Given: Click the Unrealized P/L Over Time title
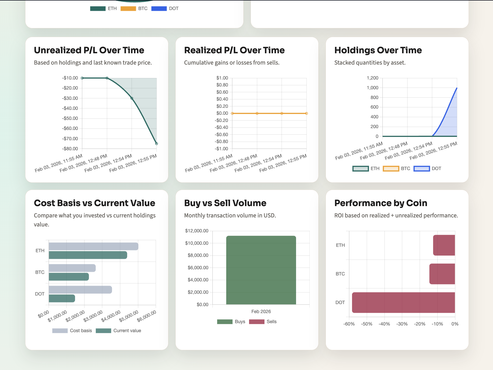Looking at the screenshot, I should coord(89,50).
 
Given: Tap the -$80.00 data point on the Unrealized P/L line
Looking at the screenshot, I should coord(156,144).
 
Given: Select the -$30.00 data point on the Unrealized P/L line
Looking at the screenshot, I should coord(132,98).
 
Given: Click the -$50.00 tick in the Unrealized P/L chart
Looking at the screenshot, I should coord(70,118).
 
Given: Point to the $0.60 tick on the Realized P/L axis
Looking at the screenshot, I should coord(222,92).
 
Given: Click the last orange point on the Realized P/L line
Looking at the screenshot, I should coord(306,113).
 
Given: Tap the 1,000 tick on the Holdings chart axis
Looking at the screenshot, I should coord(372,88).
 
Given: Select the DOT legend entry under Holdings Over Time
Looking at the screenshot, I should coord(428,169).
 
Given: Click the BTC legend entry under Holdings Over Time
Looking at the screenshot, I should coord(397,169).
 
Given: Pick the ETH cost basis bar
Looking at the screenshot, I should coord(93,246).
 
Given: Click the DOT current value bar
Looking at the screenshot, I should coord(62,298).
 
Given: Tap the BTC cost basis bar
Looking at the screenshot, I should coord(72,268).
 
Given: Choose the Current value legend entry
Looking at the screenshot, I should coord(119,331).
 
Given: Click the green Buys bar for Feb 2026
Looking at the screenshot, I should coord(261,270).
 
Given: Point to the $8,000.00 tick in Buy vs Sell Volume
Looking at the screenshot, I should coord(198,255).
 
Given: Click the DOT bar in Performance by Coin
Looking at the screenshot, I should coord(403,303).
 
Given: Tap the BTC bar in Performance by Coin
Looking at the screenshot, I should coord(442,274).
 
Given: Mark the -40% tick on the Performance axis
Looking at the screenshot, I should coord(384,324).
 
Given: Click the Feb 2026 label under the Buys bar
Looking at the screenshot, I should coord(261,312).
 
